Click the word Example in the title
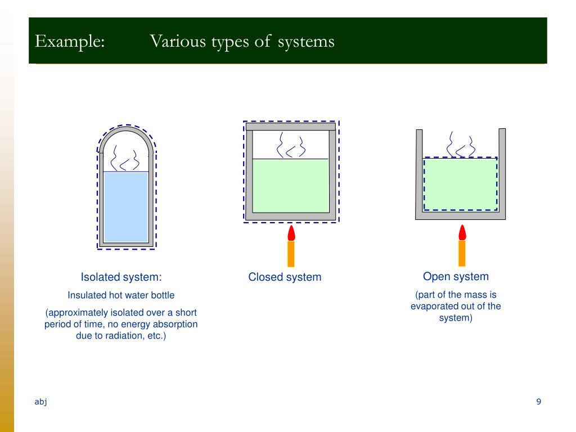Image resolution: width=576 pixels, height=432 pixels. pos(70,42)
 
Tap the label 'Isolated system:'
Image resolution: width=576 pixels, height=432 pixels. pos(121,277)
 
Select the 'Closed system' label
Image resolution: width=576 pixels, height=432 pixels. pos(285,277)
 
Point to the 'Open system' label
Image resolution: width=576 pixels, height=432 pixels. pos(456,276)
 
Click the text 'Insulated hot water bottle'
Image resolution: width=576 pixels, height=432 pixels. pos(121,295)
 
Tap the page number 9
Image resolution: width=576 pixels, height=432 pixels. pos(538,401)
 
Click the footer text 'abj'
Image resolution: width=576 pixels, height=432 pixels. pos(40,401)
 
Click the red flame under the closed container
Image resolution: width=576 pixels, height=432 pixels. pos(291,232)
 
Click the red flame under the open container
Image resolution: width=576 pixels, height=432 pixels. pos(462,232)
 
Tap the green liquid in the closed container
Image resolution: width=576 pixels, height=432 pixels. pos(290,186)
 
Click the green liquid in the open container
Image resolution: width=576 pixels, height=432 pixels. pos(460,184)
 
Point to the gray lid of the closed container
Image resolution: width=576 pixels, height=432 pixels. pos(290,126)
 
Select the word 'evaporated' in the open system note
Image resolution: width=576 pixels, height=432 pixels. pos(436,307)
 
